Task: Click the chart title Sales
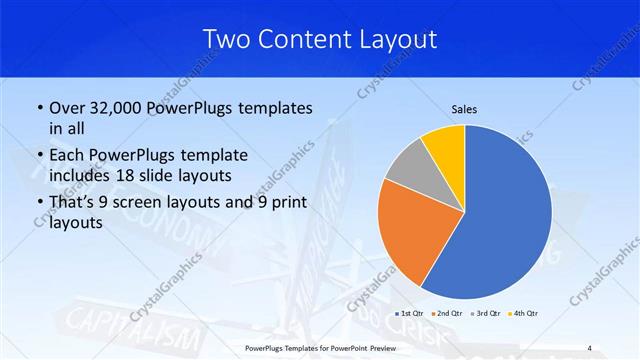[x=464, y=108]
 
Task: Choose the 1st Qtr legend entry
[x=408, y=314]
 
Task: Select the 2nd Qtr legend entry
[x=445, y=314]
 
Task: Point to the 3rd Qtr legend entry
[x=483, y=314]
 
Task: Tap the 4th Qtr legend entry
[x=521, y=314]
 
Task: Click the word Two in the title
[x=225, y=40]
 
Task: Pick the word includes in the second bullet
[x=81, y=176]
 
